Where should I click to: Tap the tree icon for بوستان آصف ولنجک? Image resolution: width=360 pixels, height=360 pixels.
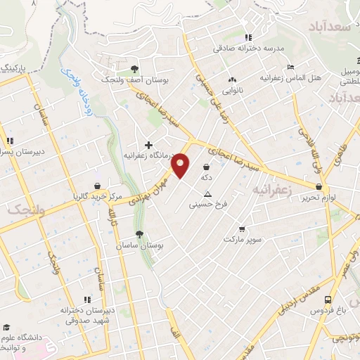pyautogui.click(x=134, y=69)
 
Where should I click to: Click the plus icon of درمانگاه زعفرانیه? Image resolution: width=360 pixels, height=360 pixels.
pyautogui.click(x=148, y=144)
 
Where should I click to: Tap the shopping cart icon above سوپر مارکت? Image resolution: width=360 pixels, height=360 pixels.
pyautogui.click(x=242, y=229)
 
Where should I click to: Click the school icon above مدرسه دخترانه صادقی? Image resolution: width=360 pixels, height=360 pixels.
pyautogui.click(x=247, y=38)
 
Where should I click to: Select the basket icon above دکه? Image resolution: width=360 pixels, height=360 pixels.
pyautogui.click(x=206, y=167)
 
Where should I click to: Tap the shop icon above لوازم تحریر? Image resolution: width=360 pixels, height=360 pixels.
pyautogui.click(x=320, y=187)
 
